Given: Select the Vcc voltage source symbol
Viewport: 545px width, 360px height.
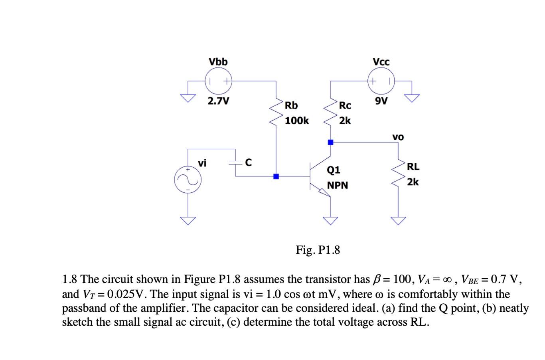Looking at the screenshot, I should pos(381,81).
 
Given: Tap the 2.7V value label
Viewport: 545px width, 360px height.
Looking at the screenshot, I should pos(218,101).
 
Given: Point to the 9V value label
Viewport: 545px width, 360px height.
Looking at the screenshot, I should pos(381,101).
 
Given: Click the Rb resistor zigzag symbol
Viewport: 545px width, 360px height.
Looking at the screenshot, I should pos(276,112).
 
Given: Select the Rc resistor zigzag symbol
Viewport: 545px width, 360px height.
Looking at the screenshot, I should pos(330,112).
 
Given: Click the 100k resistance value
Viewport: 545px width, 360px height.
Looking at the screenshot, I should pos(297,121).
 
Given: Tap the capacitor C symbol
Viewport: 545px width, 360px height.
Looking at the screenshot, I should pos(235,162).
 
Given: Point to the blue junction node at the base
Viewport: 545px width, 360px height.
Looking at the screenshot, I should pos(276,176).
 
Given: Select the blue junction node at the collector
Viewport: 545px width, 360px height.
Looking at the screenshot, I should pos(330,142).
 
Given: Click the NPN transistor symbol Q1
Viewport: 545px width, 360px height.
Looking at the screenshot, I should pos(319,176).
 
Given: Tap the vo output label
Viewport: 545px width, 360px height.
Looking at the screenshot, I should pos(398,137).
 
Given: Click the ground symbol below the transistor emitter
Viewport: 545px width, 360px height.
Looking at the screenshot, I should pos(330,220).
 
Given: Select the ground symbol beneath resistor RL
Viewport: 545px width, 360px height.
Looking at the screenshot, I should pos(398,220).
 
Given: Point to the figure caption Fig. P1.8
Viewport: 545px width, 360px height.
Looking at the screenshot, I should pos(318,250).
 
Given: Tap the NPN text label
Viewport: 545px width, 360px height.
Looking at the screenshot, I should pos(338,186).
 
